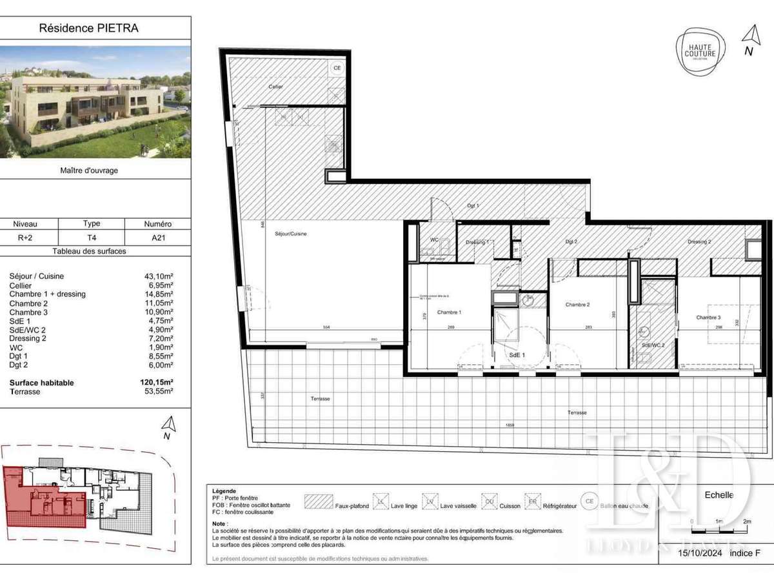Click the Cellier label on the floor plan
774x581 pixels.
pos(275,87)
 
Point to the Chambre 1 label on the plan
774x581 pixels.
pos(449,312)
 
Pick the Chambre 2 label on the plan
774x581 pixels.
pos(578,305)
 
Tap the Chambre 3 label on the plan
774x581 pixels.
pos(708,317)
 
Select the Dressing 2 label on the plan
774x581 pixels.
pos(699,241)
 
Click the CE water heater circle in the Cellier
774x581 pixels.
pos(336,68)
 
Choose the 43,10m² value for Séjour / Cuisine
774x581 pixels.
pos(159,276)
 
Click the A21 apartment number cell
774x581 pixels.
pos(157,238)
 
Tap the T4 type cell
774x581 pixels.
pos(92,238)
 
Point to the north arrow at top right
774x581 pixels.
pos(749,38)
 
